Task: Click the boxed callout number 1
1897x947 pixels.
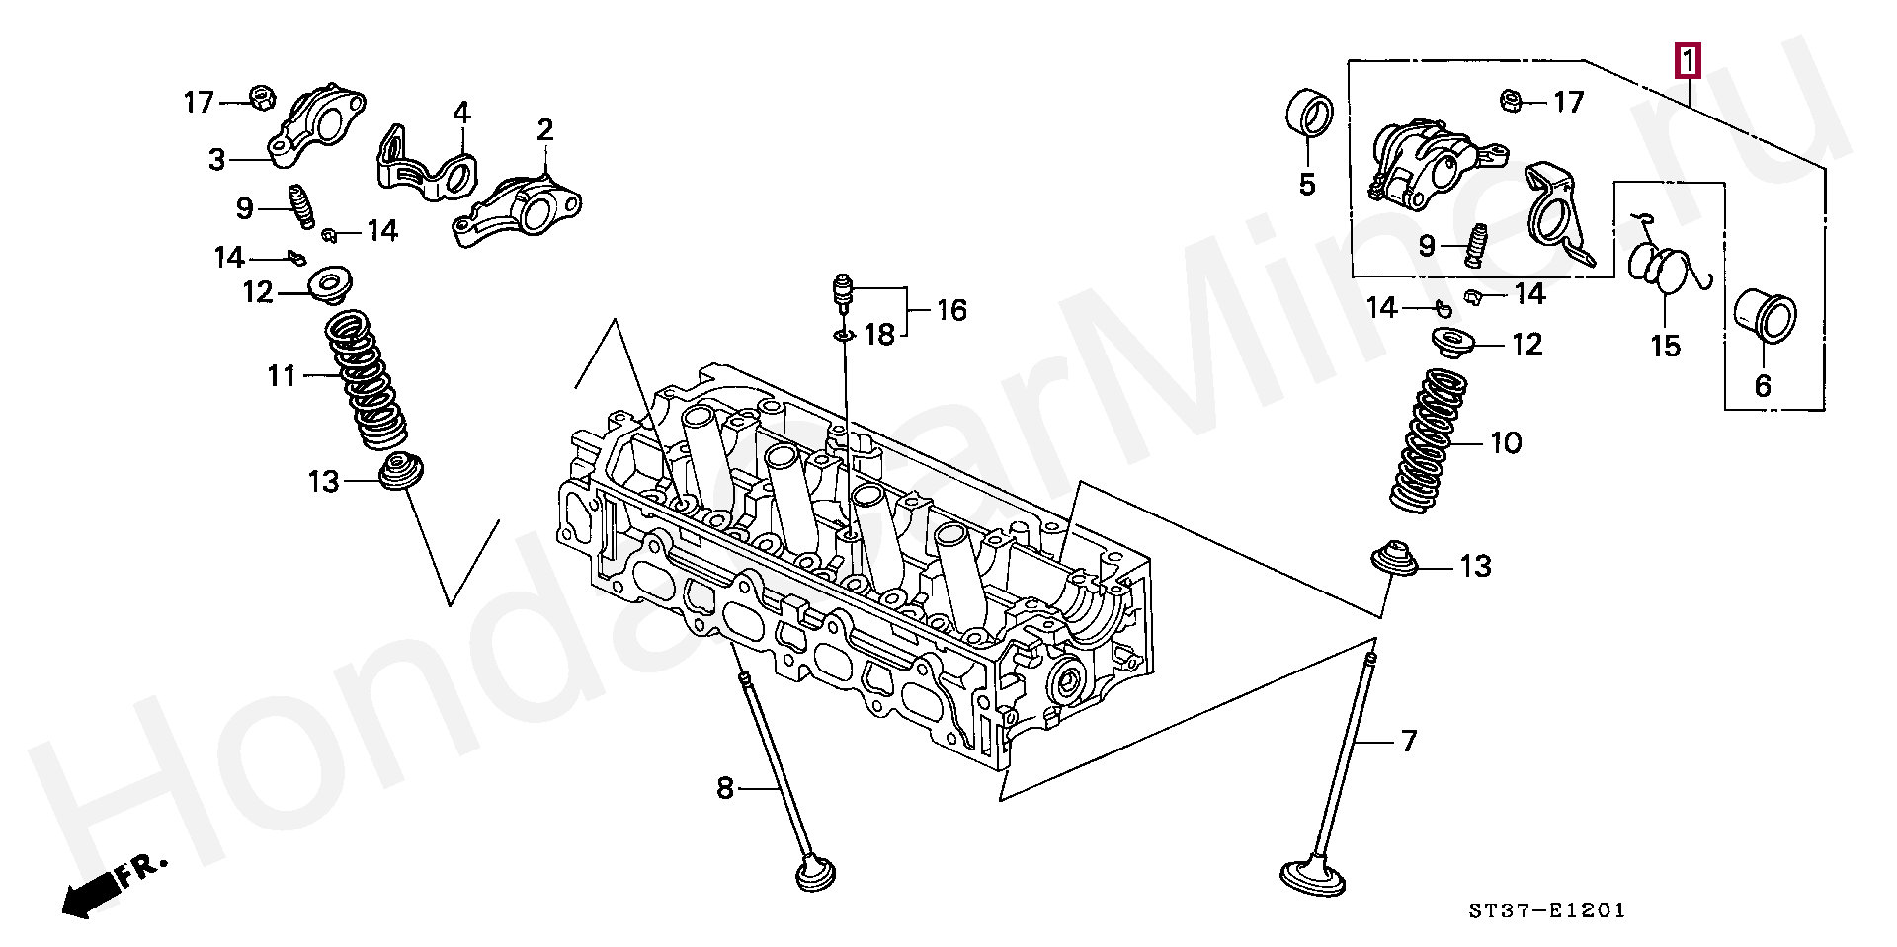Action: click(x=1688, y=62)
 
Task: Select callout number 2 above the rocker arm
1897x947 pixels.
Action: click(x=544, y=130)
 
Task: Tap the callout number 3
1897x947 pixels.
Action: click(x=217, y=160)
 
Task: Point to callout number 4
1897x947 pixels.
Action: click(x=461, y=113)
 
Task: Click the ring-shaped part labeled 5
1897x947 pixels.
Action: click(x=1310, y=113)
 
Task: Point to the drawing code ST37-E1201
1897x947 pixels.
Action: click(x=1546, y=910)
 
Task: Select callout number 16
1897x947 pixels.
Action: click(x=951, y=310)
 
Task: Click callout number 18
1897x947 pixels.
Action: click(x=878, y=335)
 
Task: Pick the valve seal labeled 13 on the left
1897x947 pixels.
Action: click(x=400, y=471)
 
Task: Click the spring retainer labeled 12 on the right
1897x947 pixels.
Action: click(x=1455, y=343)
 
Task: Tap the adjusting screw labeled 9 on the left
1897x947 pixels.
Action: click(x=300, y=206)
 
